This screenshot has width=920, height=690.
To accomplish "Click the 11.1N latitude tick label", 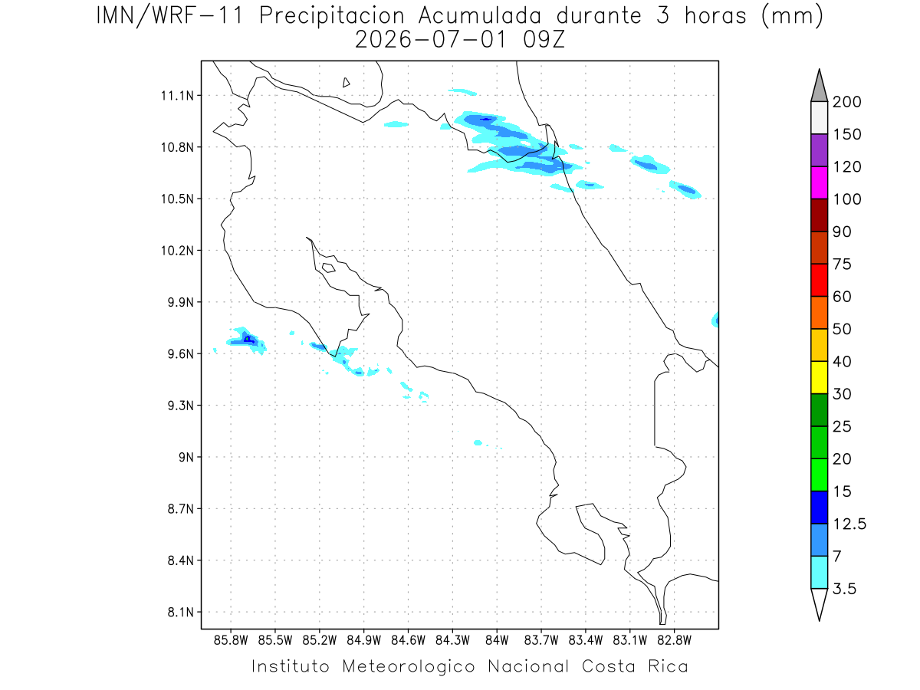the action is pos(177,96).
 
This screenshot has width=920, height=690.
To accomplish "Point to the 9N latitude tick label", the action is pos(186,457).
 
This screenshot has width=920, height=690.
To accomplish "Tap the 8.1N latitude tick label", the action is pos(181,612).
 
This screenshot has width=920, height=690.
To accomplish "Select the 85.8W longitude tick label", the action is pos(231,640).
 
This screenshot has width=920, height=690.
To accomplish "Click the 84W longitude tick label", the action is pos(497,640).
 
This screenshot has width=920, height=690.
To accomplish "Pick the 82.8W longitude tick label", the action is pos(674,640).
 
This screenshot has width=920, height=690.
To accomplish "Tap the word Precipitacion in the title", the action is pos(332,16).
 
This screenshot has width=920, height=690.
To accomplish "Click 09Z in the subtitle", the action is pos(544,40).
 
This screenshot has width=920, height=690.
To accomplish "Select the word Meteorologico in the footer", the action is pos(408,666).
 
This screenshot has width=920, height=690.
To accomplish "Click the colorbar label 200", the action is pos(846,102).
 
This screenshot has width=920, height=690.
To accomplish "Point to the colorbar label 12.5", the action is pos(849,524).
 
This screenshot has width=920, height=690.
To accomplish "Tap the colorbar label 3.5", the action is pos(844,589).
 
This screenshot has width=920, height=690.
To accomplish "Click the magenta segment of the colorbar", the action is pos(819,182).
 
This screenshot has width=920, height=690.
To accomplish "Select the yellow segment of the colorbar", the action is pos(819,377).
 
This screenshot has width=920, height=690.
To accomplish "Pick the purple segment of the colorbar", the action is pos(819,150).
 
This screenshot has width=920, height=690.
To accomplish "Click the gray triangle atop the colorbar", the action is pos(819,88).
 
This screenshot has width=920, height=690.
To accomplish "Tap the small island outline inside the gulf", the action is pos(329,268).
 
